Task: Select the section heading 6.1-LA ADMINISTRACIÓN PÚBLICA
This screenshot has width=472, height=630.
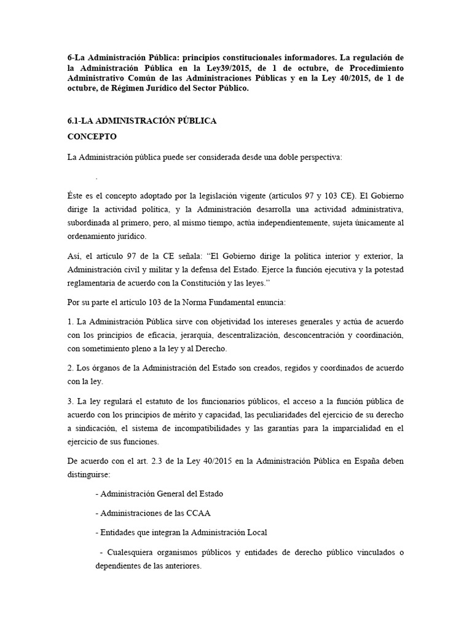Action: click(x=142, y=121)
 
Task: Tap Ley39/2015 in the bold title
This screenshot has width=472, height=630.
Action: click(x=220, y=68)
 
